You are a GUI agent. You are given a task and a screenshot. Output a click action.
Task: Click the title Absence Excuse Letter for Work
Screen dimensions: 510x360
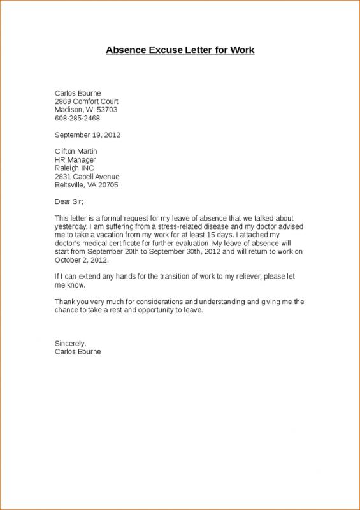(180, 50)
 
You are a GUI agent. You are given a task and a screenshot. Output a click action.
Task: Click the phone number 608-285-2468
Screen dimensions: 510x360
(77, 118)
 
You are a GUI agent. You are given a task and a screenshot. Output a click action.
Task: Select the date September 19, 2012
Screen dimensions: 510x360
(87, 135)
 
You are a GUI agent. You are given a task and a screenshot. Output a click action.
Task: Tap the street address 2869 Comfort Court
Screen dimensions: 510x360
(87, 101)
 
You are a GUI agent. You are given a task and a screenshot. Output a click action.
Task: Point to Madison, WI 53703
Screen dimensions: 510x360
(85, 110)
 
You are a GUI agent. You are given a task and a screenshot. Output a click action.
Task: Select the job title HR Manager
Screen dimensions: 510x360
(75, 159)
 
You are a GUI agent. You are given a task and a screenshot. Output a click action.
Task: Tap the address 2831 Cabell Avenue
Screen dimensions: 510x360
(87, 177)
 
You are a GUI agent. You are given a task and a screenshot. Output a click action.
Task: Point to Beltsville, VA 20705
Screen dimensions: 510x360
(86, 185)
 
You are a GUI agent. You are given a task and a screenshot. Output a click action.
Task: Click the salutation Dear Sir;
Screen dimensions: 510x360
(69, 202)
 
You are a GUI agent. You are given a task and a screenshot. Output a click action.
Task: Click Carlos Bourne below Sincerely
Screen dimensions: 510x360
(78, 352)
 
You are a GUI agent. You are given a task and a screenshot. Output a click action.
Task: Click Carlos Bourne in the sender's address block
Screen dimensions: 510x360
(78, 93)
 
